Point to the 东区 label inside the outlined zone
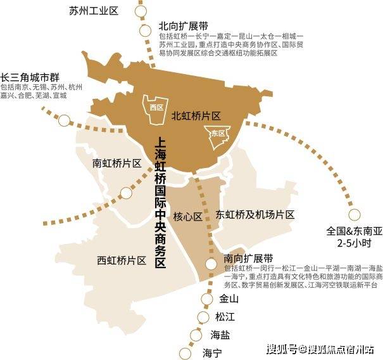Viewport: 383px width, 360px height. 218,133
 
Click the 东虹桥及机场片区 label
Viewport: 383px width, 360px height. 255,214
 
